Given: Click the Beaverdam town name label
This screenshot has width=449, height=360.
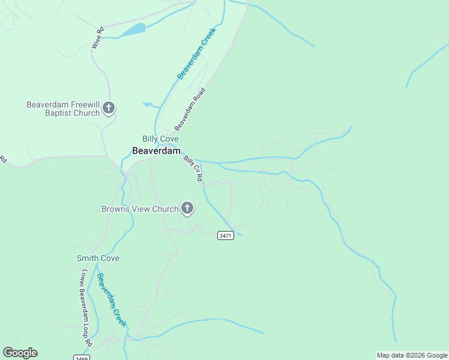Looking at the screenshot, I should (x=156, y=151).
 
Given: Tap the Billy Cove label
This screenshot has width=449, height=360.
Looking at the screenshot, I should (x=156, y=139).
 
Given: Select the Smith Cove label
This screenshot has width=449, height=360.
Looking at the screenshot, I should (x=98, y=259).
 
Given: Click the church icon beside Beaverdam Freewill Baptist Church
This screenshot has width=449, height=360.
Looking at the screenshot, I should (x=109, y=108).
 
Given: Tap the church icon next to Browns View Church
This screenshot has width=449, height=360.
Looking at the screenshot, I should (x=187, y=209).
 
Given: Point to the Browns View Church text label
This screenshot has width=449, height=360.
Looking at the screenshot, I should (x=139, y=209).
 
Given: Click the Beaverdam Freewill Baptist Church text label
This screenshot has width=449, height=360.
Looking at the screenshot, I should (x=62, y=109).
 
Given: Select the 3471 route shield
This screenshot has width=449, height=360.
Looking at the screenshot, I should (x=225, y=235).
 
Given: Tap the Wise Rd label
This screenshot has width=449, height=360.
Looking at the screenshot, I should (x=97, y=37).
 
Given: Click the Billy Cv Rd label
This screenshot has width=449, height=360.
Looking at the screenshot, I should (x=193, y=169).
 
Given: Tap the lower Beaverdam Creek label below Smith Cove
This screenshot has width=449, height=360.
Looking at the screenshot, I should (x=112, y=300).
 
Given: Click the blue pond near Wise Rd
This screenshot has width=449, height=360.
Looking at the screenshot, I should (x=134, y=29).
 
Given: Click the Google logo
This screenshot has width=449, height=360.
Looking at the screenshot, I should (x=20, y=353).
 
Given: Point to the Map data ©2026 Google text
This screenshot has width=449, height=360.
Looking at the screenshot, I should (x=412, y=355).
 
